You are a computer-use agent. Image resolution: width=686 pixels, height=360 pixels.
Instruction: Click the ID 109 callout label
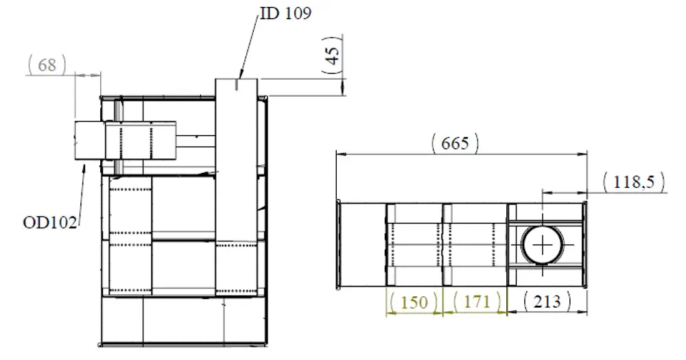click(x=285, y=13)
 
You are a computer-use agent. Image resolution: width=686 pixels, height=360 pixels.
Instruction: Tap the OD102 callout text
click(x=50, y=223)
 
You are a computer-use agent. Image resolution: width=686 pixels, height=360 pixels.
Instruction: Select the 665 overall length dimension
click(x=455, y=143)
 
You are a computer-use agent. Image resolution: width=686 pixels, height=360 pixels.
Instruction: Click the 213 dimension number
click(x=547, y=302)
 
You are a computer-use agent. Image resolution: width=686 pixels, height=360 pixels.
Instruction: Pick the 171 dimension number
click(x=477, y=302)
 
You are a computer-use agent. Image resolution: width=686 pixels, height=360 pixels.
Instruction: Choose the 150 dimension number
click(x=414, y=302)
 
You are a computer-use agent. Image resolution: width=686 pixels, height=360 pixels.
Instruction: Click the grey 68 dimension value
click(x=47, y=64)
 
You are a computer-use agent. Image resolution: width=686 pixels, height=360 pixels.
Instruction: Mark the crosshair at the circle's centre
click(x=543, y=245)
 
